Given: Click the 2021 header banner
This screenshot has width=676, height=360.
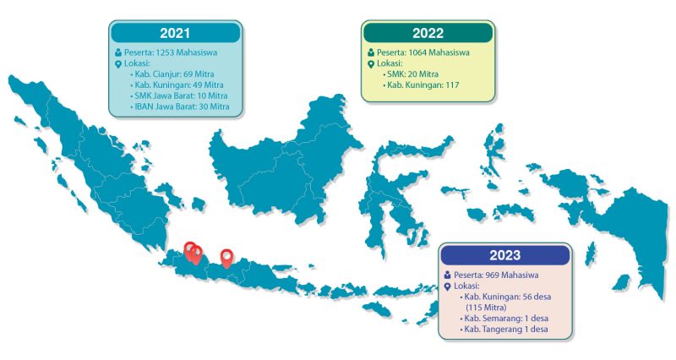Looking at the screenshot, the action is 175,33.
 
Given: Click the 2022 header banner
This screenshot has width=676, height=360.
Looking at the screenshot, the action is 428,33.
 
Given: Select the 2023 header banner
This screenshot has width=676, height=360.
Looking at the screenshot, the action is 505,255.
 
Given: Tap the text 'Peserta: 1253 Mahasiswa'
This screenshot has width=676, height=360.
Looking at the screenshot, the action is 171,52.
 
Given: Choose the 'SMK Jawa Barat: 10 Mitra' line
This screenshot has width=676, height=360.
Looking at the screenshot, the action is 178,95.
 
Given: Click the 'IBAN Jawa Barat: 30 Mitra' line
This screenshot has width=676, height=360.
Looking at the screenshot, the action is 179,106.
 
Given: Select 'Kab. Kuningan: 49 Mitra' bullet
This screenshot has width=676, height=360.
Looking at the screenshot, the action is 177,85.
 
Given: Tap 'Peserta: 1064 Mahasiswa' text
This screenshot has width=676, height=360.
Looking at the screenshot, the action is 423,52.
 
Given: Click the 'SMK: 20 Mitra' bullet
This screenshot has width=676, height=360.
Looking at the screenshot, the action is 411,74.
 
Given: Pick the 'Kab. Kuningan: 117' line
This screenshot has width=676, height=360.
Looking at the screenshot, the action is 421,85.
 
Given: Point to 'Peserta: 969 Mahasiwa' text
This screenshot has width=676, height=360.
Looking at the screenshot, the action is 496,275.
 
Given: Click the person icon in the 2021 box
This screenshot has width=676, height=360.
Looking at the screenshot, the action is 118,52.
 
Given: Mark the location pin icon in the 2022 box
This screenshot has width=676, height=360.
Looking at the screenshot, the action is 371,64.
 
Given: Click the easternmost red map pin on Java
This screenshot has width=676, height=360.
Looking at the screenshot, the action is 226,259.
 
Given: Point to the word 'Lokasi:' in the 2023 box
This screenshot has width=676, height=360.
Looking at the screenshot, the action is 467,286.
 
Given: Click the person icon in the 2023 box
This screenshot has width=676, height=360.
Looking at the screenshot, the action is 448,275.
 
